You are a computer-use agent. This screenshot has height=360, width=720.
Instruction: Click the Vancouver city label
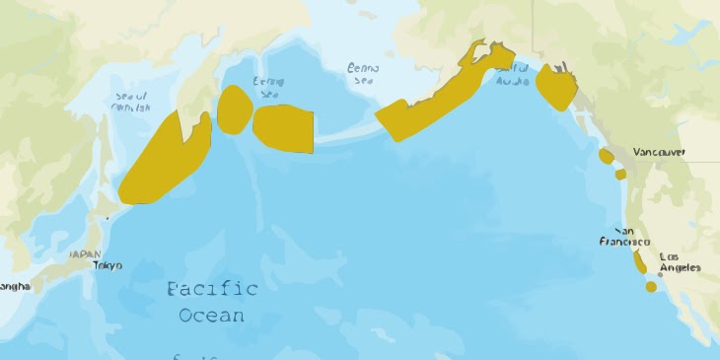(x=659, y=152)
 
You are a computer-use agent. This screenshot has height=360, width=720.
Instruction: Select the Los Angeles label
(x=680, y=261)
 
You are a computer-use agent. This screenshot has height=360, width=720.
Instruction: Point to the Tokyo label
(x=108, y=265)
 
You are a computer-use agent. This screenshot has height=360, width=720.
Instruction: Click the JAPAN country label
(x=85, y=253)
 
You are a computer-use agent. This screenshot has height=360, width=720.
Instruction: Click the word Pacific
(x=212, y=289)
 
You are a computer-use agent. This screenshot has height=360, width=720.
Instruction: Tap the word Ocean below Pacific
(x=212, y=316)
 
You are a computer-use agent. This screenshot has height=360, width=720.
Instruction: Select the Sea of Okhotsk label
(x=132, y=101)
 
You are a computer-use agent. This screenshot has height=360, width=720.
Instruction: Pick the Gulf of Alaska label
(x=512, y=74)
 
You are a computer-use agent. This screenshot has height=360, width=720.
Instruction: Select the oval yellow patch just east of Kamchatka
(x=234, y=109)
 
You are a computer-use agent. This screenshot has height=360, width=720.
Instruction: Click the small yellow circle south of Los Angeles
(x=651, y=287)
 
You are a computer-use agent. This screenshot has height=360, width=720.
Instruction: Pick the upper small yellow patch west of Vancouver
(x=606, y=156)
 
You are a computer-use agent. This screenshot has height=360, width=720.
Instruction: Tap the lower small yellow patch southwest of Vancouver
(x=620, y=174)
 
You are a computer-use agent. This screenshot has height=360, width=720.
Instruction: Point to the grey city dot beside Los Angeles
(x=660, y=274)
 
